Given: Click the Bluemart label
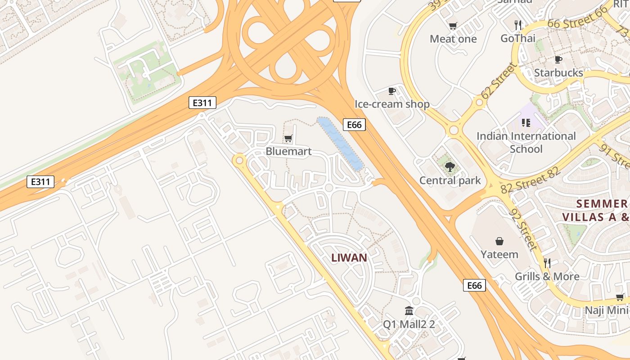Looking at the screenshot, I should [288, 151].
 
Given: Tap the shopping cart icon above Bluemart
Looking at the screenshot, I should [288, 138].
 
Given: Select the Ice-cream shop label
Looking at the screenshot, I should [392, 104].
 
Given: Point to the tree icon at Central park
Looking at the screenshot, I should [449, 167].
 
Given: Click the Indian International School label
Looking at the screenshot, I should [526, 142].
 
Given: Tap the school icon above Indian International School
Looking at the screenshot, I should [526, 122].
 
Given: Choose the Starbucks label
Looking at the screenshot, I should [558, 72].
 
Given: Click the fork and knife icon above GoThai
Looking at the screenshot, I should [518, 25].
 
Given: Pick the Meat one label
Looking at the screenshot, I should [453, 39].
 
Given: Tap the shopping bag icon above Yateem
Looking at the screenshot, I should [499, 241].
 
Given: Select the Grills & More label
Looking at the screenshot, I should [547, 276].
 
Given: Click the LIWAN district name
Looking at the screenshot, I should [349, 258].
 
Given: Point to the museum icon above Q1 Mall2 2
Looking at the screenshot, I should [409, 310].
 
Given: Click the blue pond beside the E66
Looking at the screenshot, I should [340, 143].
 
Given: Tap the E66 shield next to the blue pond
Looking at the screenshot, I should [354, 125].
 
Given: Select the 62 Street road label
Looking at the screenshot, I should [499, 81].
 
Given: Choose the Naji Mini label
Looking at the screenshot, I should [606, 310].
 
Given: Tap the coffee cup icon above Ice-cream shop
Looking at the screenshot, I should [392, 91].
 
